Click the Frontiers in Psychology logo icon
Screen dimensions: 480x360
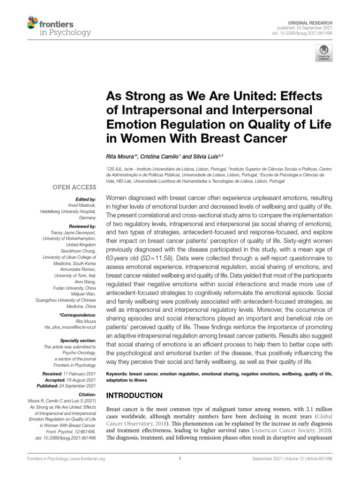tap(32, 22)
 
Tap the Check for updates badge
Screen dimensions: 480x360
tap(323, 53)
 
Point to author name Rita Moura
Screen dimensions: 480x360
tap(120, 155)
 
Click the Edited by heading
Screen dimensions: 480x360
tap(86, 199)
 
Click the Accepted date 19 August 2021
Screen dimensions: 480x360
tap(82, 379)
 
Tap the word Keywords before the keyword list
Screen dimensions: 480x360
tap(117, 375)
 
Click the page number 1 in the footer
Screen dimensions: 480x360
tap(180, 459)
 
